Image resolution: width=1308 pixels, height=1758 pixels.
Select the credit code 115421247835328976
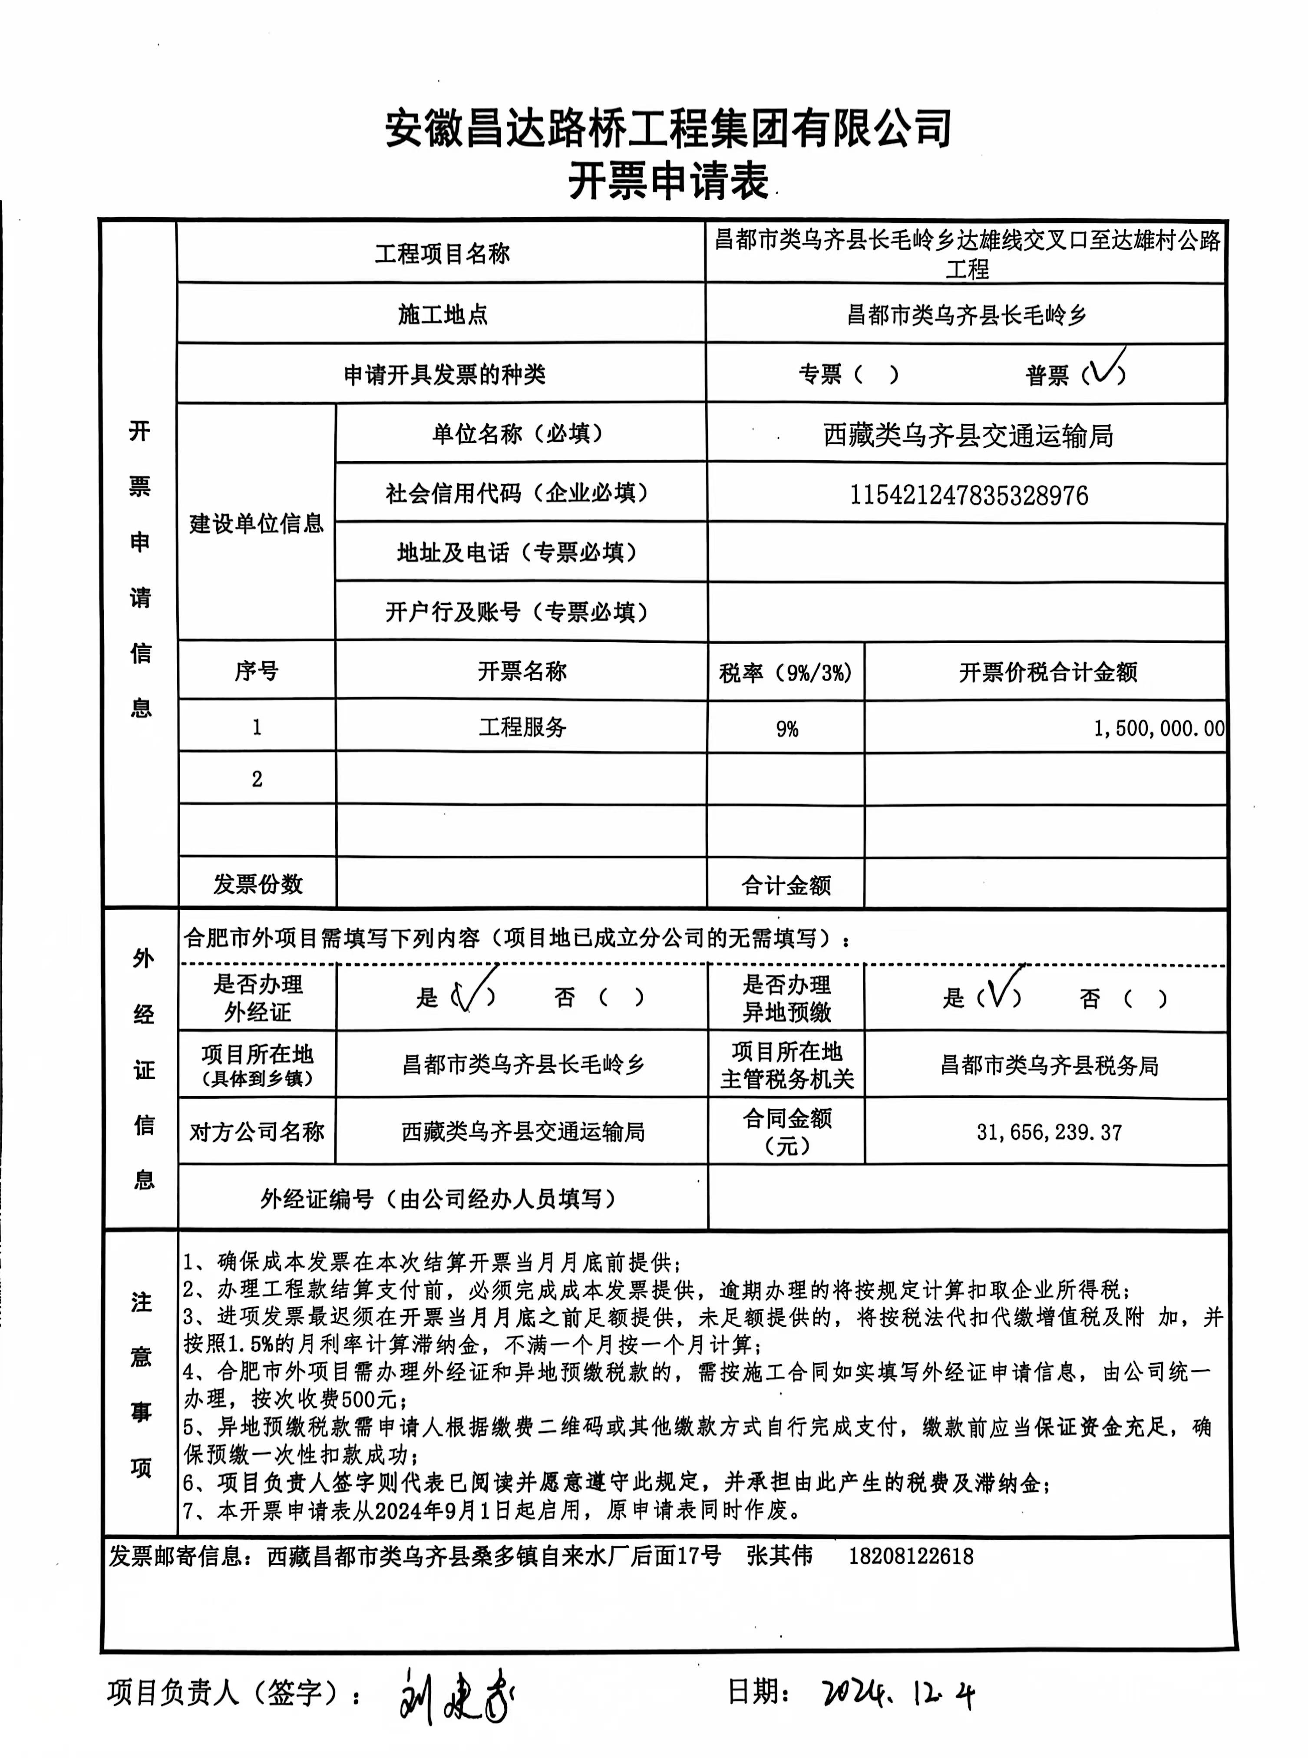(x=968, y=495)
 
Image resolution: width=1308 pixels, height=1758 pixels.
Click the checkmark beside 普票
(x=1104, y=369)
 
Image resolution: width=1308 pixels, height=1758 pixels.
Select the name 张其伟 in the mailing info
(x=779, y=1555)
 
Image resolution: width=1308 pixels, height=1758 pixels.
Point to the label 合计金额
(x=786, y=885)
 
